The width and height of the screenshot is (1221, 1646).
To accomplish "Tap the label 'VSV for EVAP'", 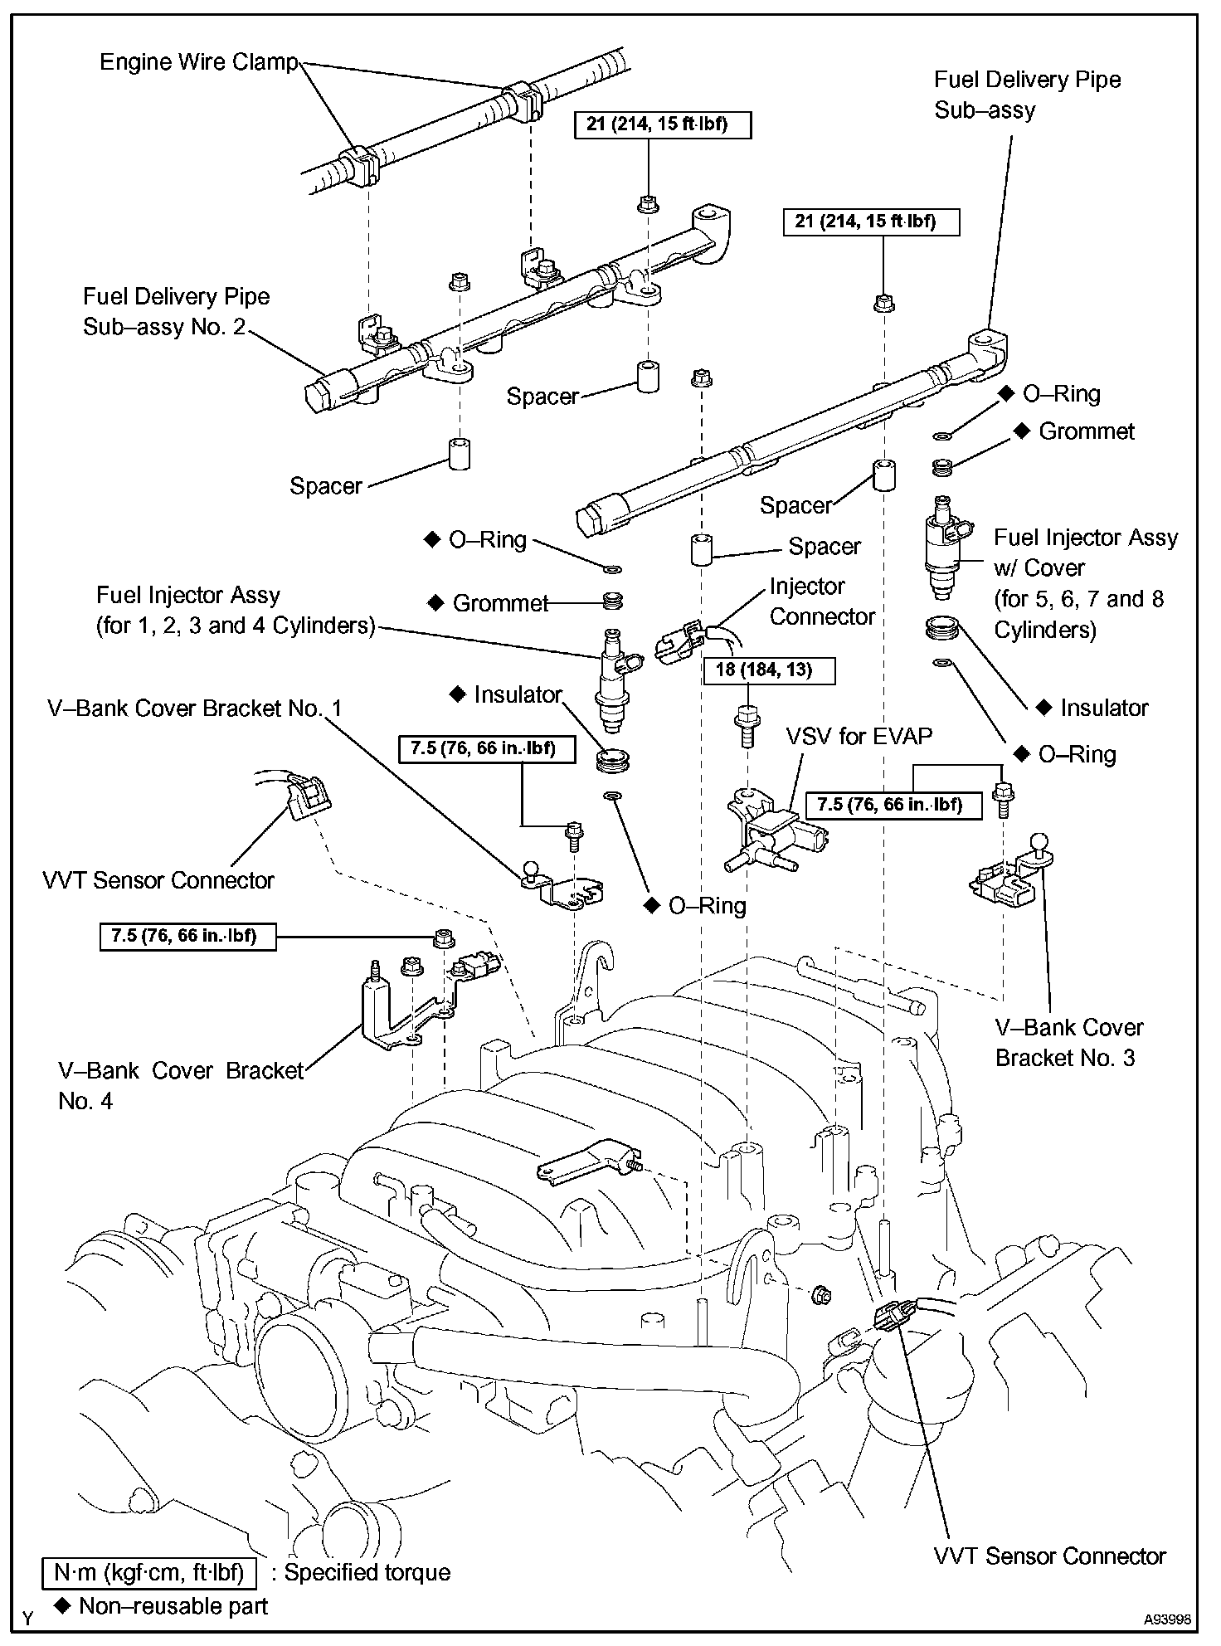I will click(859, 736).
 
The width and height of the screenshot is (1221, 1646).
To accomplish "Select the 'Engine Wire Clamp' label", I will click(198, 62).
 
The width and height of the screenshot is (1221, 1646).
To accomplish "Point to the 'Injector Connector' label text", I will click(822, 601).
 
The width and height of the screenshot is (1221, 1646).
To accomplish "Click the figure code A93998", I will click(1169, 1619).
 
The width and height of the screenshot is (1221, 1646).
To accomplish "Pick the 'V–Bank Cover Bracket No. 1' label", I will click(195, 708).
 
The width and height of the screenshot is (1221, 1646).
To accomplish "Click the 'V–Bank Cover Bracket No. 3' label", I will click(1068, 1043).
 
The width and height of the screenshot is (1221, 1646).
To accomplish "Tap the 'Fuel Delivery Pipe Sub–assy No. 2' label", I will click(176, 312).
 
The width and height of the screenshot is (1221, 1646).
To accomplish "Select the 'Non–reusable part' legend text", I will click(173, 1605).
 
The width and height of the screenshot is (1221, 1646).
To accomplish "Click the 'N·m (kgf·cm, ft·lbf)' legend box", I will click(148, 1572).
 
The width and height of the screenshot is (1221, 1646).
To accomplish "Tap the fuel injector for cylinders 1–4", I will click(615, 678).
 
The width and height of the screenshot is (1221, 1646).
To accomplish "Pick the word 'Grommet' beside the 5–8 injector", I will click(1087, 431).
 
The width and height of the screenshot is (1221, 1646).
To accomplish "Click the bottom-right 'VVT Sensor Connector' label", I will click(1049, 1556).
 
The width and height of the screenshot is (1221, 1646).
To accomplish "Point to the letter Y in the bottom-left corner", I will click(28, 1618).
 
